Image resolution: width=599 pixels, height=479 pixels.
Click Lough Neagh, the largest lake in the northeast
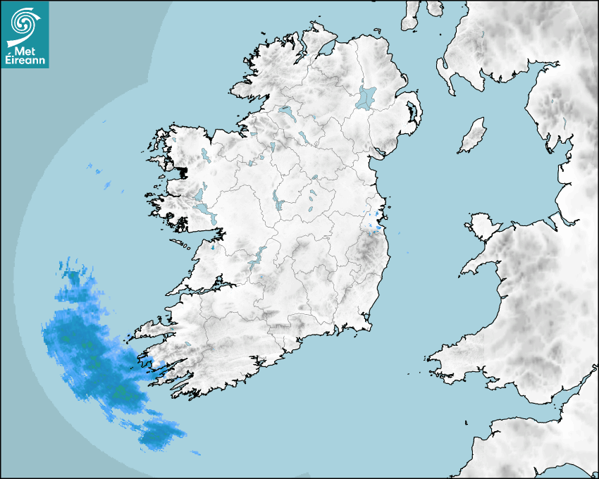pyautogui.click(x=366, y=97)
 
